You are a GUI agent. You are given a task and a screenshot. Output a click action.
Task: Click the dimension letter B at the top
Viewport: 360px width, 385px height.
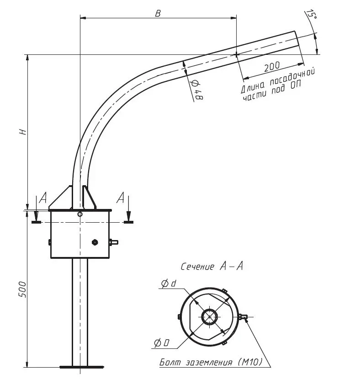[158, 13]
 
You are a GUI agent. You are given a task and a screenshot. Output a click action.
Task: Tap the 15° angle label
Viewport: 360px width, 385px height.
[312, 15]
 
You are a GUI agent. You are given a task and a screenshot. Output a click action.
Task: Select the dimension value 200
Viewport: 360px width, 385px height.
[272, 66]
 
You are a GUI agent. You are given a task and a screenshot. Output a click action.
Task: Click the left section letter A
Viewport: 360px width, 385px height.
[43, 198]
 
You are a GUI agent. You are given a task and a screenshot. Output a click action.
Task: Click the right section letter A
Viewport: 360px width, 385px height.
[121, 198]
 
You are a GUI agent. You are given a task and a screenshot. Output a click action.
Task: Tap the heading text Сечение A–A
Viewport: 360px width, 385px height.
[212, 267]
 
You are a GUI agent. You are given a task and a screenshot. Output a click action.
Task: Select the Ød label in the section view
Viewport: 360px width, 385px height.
[168, 284]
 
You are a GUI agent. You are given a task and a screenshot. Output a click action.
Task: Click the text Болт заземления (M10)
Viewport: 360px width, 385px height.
[211, 363]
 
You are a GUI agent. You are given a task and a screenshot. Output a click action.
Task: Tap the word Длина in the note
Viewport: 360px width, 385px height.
[252, 87]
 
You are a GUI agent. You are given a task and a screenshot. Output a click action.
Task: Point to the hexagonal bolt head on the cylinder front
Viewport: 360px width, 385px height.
[95, 242]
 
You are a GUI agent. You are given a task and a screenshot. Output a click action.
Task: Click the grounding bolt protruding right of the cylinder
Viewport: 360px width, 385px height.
[114, 242]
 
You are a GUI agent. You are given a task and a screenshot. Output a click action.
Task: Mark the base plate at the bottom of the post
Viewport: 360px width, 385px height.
[81, 366]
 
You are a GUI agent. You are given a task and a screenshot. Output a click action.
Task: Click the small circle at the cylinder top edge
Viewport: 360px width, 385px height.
[80, 214]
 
